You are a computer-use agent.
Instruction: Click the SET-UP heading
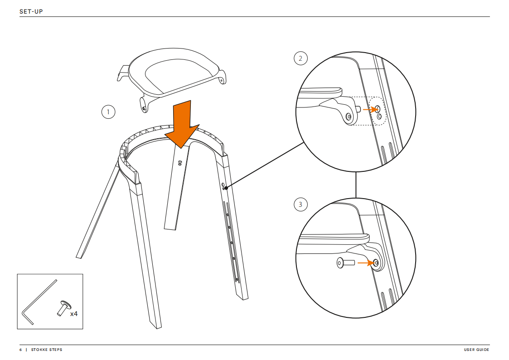point(31,11)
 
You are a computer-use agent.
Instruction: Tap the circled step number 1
point(108,112)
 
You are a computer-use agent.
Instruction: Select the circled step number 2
point(300,58)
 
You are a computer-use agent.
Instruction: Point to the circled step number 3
point(300,204)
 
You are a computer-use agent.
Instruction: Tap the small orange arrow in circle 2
point(370,109)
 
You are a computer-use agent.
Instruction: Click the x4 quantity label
point(74,313)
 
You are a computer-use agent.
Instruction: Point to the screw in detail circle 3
point(345,263)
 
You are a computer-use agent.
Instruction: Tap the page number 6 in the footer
point(20,350)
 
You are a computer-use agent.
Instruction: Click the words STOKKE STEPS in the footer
point(47,350)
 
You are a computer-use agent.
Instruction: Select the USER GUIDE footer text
point(476,350)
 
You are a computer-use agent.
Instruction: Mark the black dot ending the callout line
point(225,188)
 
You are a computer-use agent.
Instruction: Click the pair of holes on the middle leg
point(180,163)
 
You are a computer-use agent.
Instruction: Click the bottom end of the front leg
point(156,325)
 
